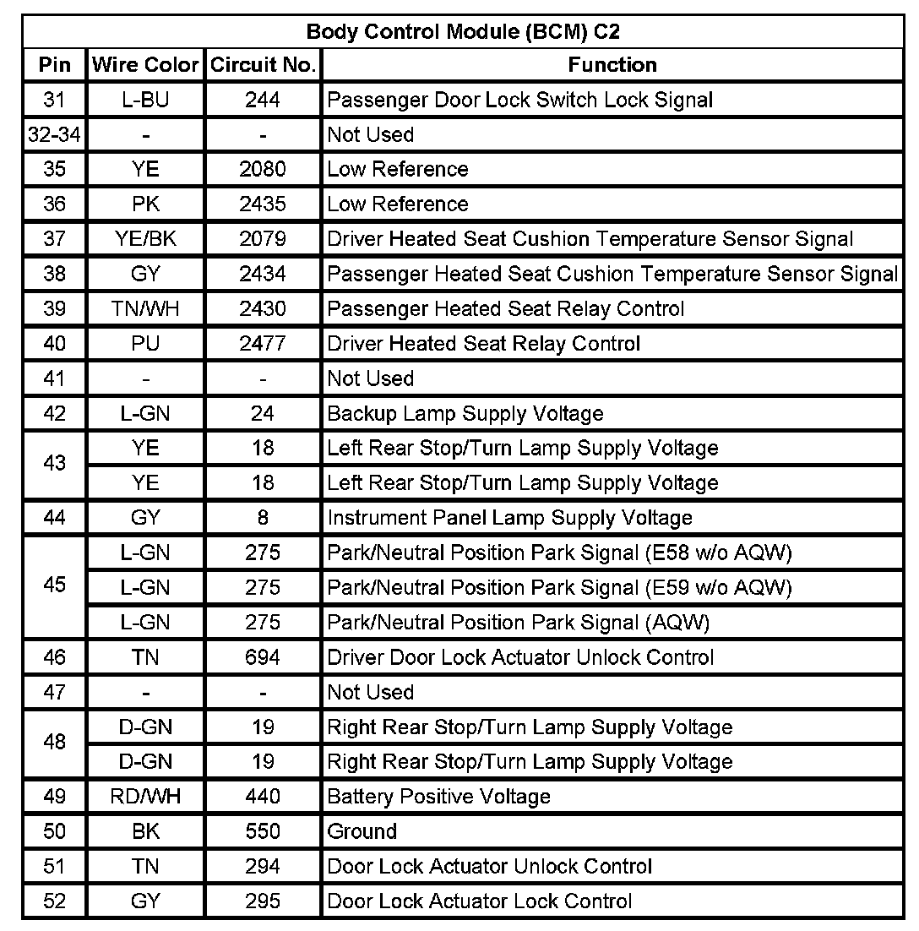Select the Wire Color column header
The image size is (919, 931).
pos(145,65)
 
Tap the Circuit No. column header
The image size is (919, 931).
pos(263,65)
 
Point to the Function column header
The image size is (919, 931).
pos(612,65)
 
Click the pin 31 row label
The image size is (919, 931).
pos(54,100)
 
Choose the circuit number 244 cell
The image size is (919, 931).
pos(263,100)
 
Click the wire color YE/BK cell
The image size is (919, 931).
pos(145,239)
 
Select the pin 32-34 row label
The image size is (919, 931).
pos(54,134)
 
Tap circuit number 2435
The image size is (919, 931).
pos(263,204)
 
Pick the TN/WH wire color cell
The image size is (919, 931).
pos(145,308)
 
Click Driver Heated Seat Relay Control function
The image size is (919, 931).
pos(483,344)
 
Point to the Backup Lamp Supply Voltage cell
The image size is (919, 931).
pos(465,413)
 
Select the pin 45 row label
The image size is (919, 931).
pos(54,585)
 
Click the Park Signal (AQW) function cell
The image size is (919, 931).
pos(518,623)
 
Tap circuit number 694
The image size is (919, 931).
pos(263,657)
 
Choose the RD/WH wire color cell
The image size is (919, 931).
pos(145,797)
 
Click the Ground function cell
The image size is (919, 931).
pos(362,831)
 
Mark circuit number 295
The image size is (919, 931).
pos(263,901)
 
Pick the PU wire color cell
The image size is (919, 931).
pos(145,344)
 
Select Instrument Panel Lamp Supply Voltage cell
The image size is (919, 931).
pos(509,518)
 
